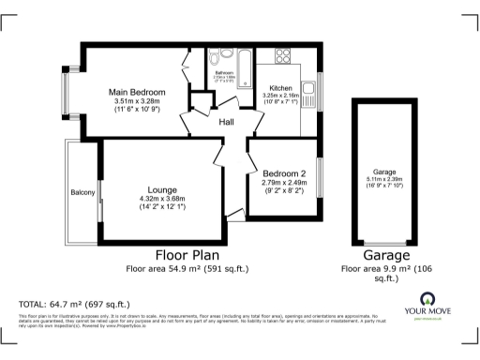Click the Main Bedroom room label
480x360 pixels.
(137, 92)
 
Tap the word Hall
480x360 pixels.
(227, 122)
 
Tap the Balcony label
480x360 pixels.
(82, 193)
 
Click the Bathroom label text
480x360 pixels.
(223, 71)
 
